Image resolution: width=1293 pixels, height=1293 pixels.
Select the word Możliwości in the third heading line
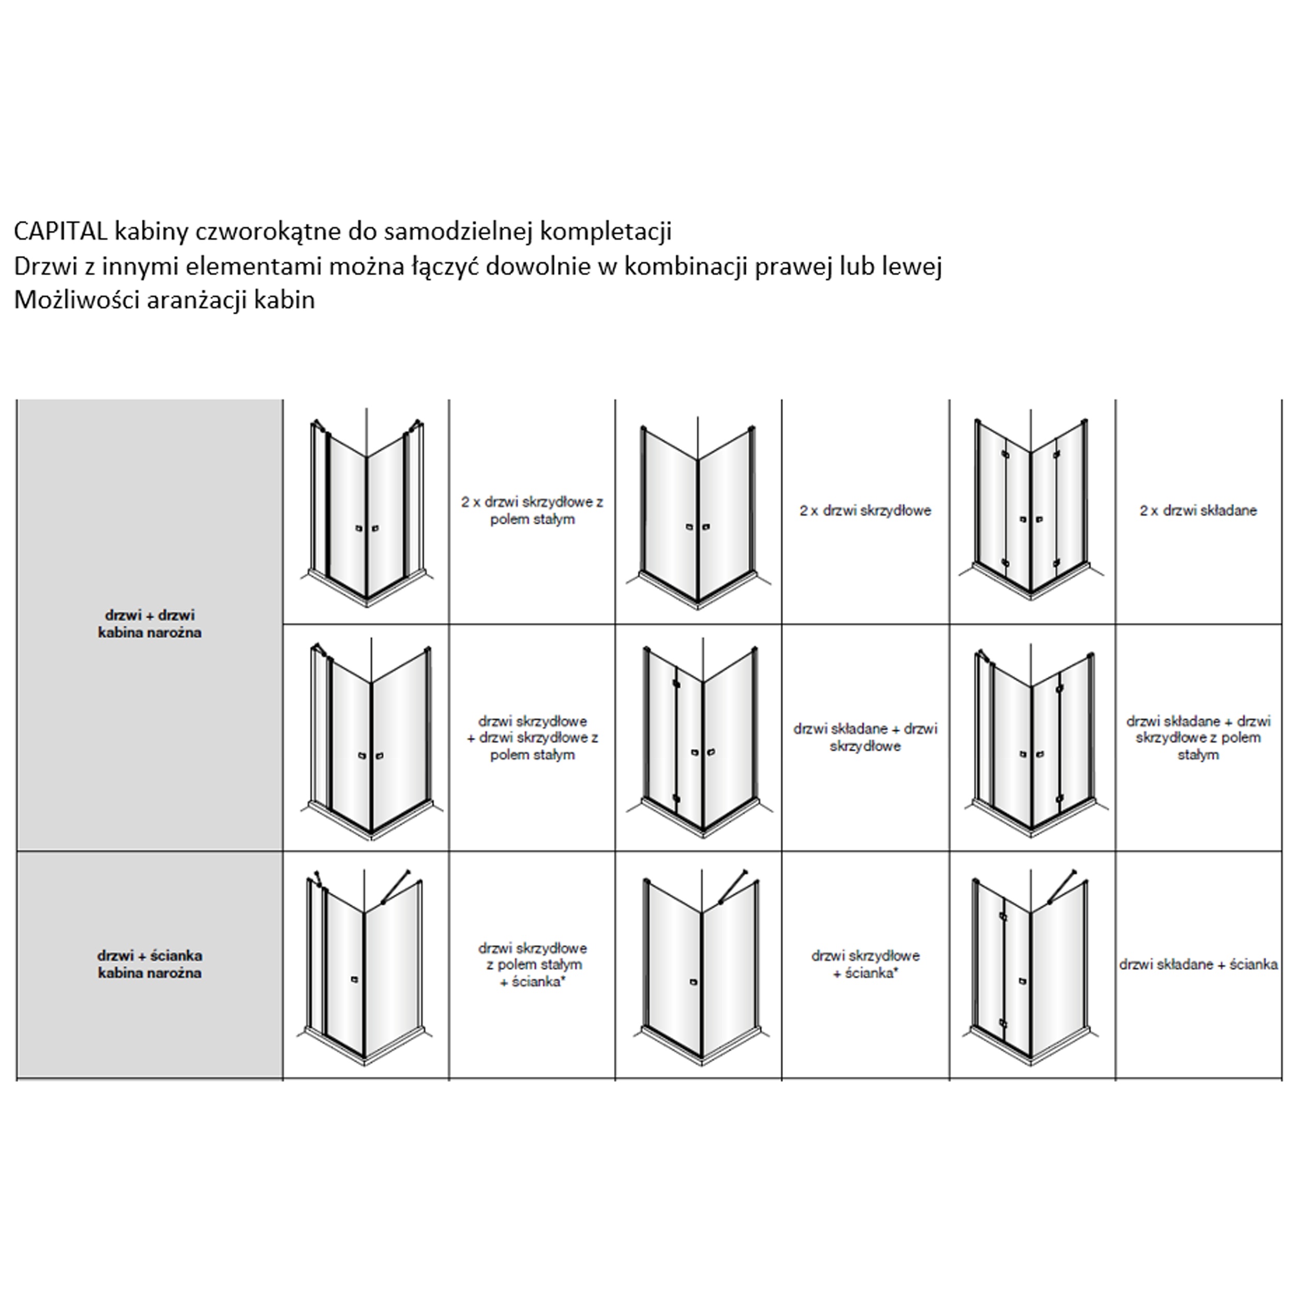pyautogui.click(x=75, y=300)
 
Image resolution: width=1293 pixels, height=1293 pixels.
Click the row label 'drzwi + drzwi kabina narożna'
pyautogui.click(x=149, y=623)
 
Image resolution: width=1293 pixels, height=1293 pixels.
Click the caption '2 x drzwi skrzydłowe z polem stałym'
pyautogui.click(x=532, y=510)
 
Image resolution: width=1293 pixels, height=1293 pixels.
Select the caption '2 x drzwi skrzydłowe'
pyautogui.click(x=865, y=510)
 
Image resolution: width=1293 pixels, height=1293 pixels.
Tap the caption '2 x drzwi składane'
pyautogui.click(x=1198, y=510)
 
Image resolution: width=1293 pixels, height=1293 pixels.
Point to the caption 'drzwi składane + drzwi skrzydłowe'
pyautogui.click(x=865, y=737)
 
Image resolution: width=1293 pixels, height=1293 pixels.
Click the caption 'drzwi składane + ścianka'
pyautogui.click(x=1198, y=965)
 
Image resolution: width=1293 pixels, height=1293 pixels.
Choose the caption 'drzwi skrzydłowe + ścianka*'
pyautogui.click(x=865, y=965)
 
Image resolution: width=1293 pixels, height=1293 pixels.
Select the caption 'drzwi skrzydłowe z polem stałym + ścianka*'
pyautogui.click(x=532, y=965)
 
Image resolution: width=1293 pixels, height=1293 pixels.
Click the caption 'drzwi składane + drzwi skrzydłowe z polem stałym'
pyautogui.click(x=1198, y=738)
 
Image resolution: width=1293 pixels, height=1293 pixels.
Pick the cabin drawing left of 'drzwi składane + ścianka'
pyautogui.click(x=1031, y=967)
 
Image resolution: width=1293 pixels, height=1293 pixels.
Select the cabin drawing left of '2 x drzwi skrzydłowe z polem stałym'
pyautogui.click(x=366, y=508)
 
